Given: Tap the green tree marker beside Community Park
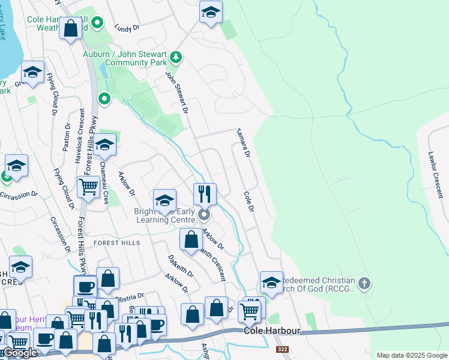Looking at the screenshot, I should pos(176,58).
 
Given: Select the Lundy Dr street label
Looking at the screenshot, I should pos(127,27).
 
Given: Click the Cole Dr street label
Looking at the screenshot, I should pos(249,202).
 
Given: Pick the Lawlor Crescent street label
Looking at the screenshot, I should pos(435,175).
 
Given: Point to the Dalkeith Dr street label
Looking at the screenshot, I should pos(182,265).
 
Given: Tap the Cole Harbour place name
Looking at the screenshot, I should pos(268,331).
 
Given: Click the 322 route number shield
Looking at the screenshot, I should pos(282,349).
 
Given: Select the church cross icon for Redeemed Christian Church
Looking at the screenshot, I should pos(364,283).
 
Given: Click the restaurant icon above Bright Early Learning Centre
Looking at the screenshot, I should pos(205,194).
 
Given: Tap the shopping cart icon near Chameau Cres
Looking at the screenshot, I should pos(89,187).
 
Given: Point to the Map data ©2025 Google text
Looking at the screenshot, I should pos(411,355).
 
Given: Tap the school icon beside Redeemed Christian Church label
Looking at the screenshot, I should pos(271,282).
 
